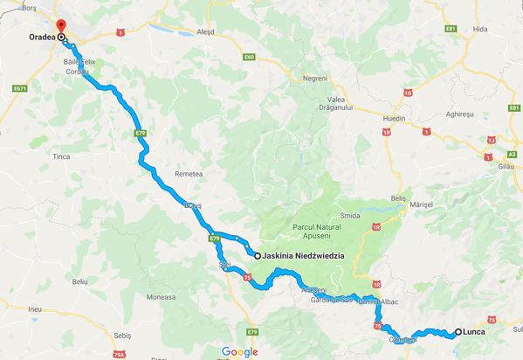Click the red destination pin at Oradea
coord(59,28)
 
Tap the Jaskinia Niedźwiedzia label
coord(302,256)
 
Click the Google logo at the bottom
coord(239,351)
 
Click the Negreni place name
coord(315,78)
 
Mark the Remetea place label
coord(188,174)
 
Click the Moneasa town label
coord(162,297)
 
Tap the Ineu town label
coord(35,308)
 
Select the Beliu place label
coord(80,281)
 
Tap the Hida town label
coord(479,29)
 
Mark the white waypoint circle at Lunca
coord(458,332)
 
